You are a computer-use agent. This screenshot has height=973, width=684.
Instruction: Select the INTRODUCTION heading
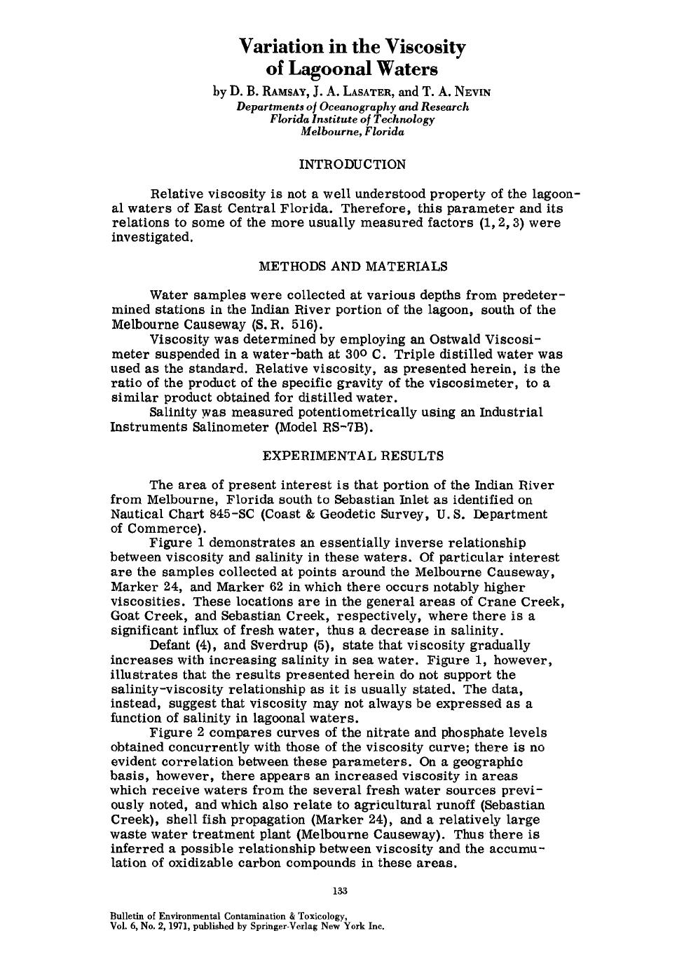tap(352, 165)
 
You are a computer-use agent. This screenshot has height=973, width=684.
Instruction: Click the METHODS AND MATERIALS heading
tap(353, 266)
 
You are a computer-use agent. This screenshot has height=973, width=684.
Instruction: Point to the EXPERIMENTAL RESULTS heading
tap(353, 456)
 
